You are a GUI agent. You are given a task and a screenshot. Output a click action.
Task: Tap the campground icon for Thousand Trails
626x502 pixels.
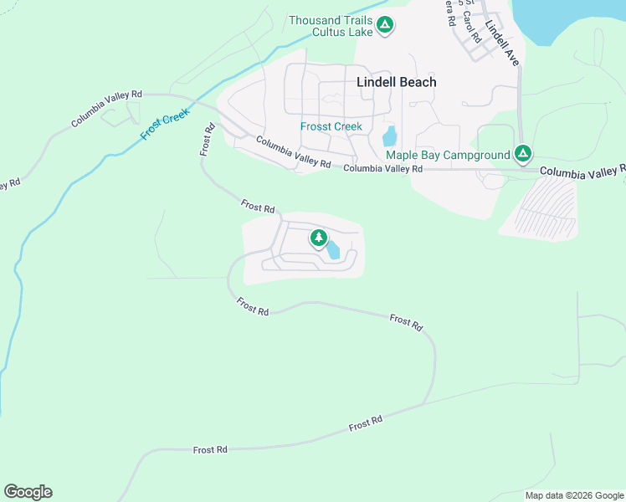coord(384,26)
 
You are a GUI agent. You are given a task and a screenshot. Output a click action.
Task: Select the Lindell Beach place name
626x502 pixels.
coord(397,82)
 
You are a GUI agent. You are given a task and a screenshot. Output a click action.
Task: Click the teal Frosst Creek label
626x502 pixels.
coord(331,126)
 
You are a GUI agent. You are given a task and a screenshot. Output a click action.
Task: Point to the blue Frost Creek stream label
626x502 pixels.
coord(166,125)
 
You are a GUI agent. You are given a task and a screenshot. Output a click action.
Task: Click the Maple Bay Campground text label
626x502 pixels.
coord(448,155)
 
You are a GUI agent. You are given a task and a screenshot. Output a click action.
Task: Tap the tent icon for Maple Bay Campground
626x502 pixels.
coord(523,154)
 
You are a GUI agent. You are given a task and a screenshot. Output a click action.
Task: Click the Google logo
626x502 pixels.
coord(28,492)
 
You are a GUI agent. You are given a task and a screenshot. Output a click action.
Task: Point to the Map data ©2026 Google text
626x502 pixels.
coord(574,495)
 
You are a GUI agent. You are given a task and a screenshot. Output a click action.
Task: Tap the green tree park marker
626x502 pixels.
coord(318,238)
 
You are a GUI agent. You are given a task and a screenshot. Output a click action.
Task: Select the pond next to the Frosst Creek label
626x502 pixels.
coord(389,136)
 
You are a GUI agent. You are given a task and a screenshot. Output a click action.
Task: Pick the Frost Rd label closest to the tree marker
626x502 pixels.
coord(258,206)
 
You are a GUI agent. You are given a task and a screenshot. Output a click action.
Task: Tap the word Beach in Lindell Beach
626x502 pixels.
coord(418,82)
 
